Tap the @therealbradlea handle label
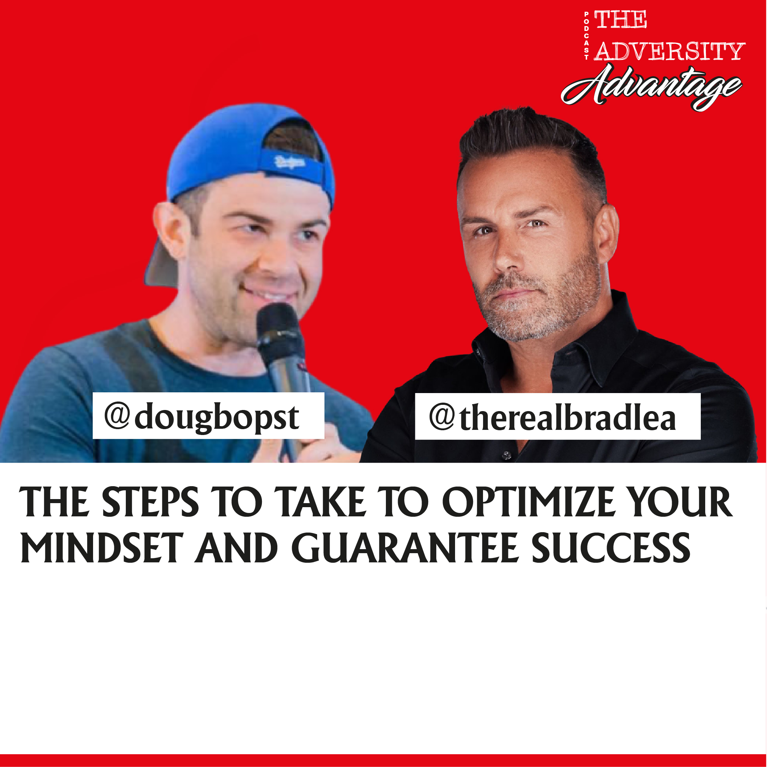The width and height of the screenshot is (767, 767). pos(557,417)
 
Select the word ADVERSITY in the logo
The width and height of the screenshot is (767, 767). pos(669,52)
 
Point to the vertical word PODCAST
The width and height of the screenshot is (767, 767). pos(586,36)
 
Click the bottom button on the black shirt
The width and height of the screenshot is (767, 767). pos(506,456)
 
